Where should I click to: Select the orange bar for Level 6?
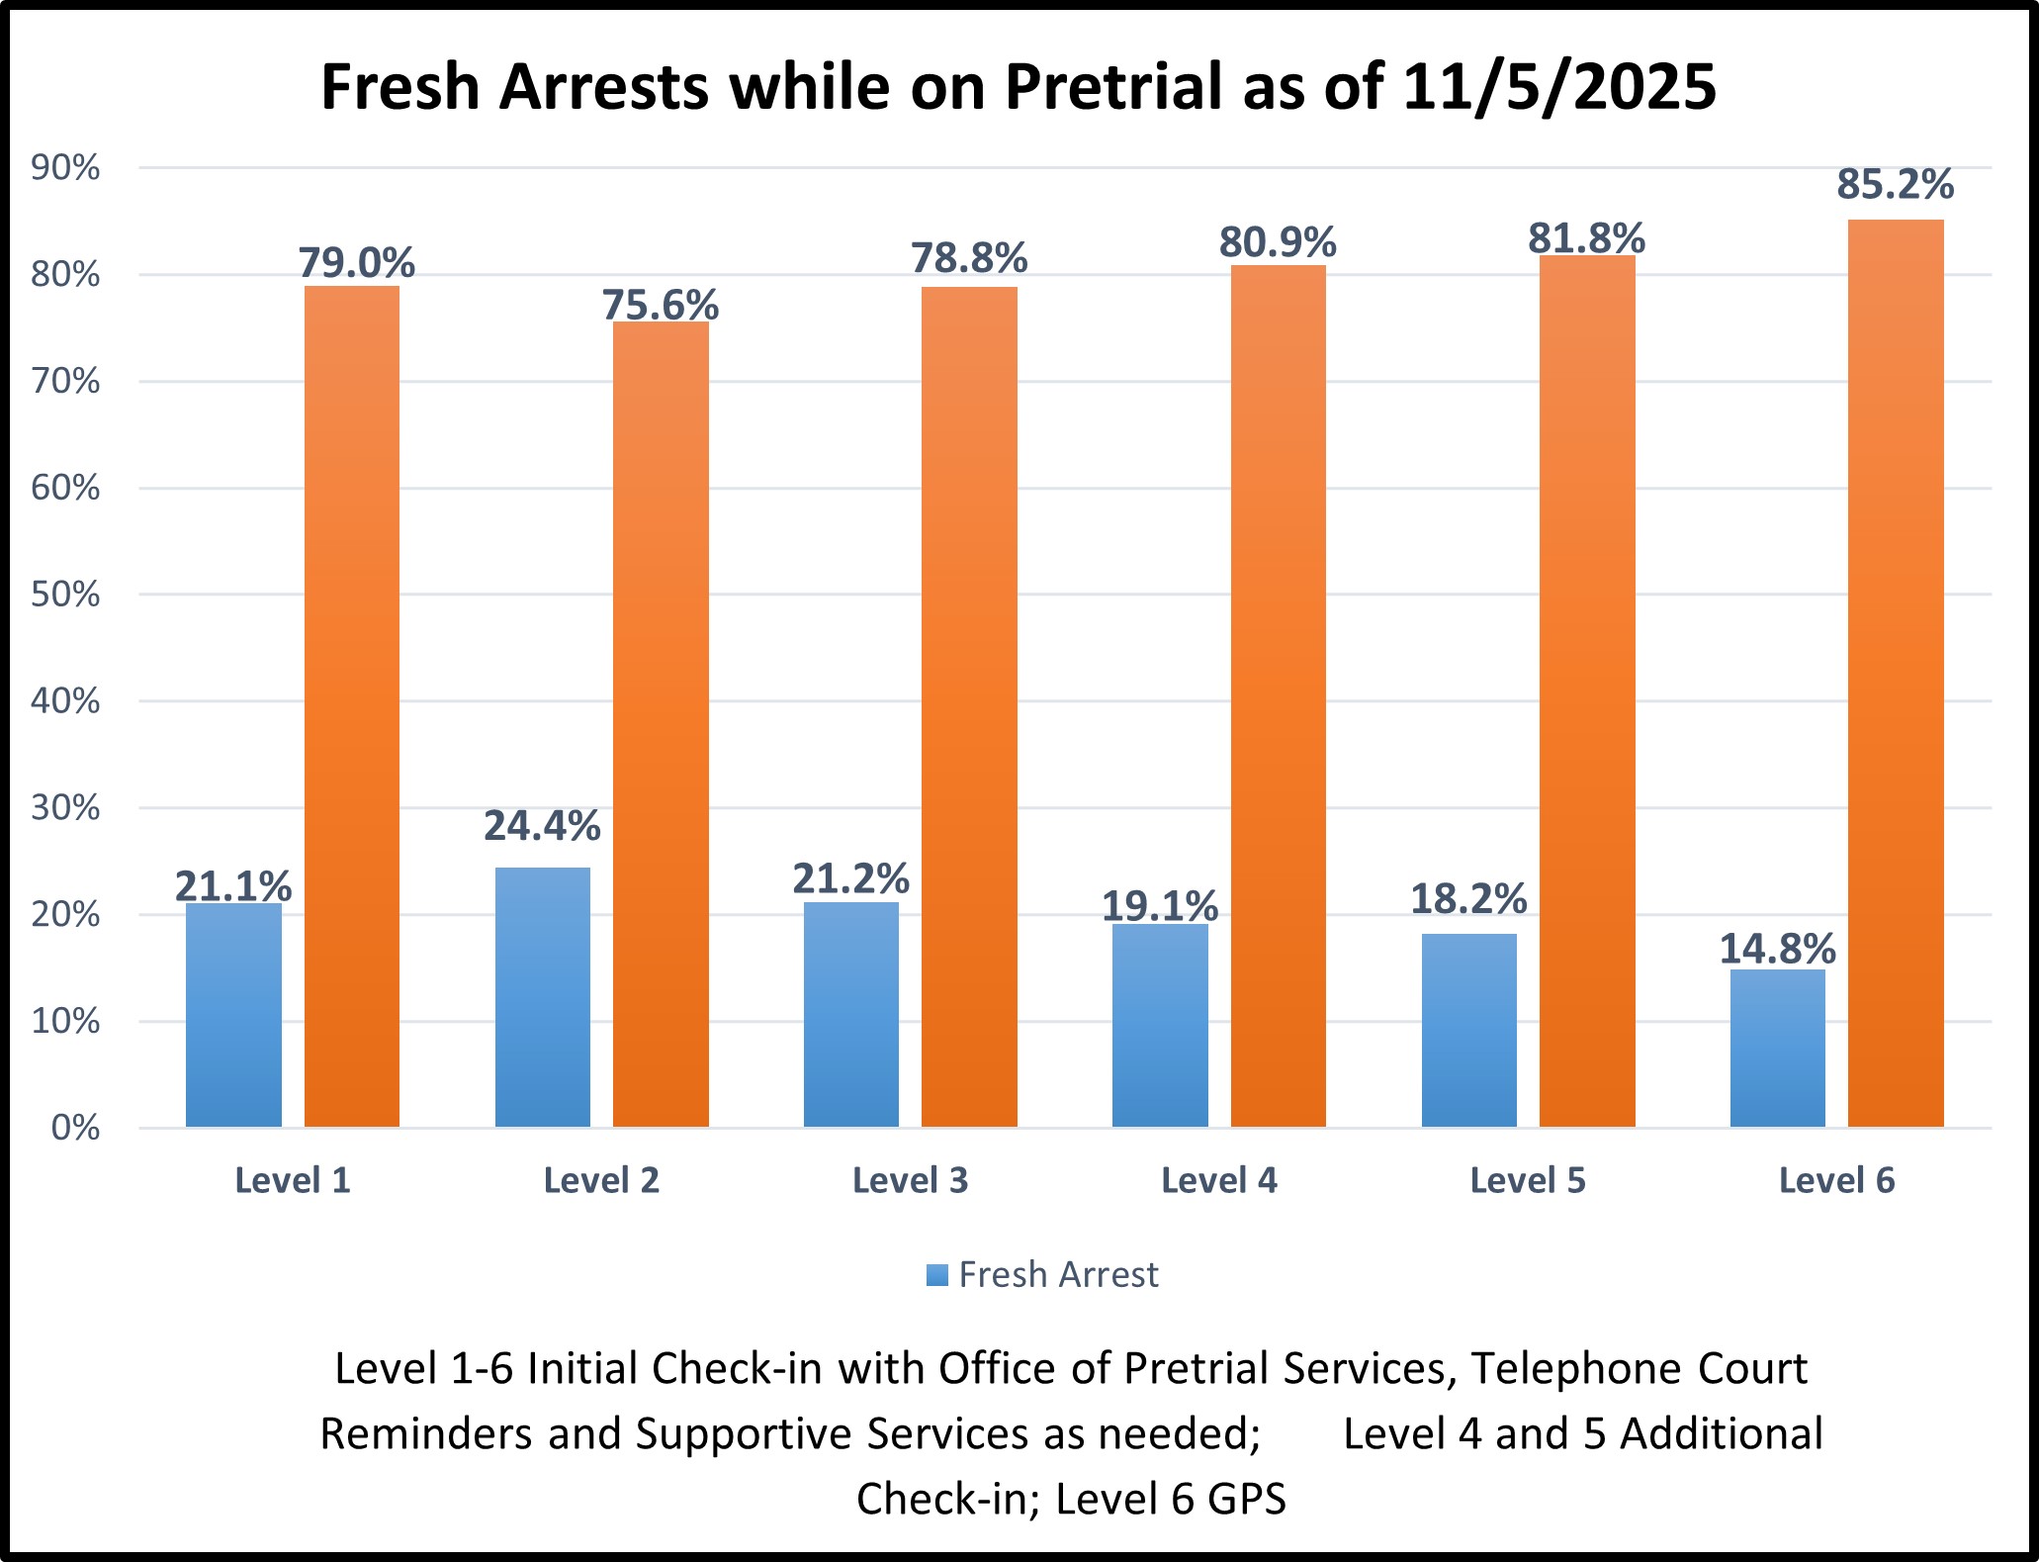(x=1895, y=673)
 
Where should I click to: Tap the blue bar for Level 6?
(x=1777, y=1048)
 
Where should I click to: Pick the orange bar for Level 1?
(x=351, y=706)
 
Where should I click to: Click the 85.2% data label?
(x=1895, y=184)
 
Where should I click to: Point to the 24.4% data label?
(x=542, y=825)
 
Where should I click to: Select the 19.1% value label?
(x=1159, y=905)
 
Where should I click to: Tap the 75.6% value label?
(x=661, y=305)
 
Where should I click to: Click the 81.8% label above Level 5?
(x=1586, y=238)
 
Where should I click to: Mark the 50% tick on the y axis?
(x=65, y=595)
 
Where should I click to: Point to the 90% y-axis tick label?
(x=65, y=168)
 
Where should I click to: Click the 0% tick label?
(x=75, y=1128)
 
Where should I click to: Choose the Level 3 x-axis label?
(x=910, y=1180)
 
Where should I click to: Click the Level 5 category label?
(x=1527, y=1180)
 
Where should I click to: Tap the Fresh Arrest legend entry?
(x=1042, y=1274)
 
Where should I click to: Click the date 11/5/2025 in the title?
(x=1558, y=87)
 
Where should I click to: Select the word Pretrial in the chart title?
(x=1113, y=87)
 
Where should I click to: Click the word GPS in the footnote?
(x=1246, y=1499)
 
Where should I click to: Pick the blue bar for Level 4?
(x=1159, y=1025)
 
